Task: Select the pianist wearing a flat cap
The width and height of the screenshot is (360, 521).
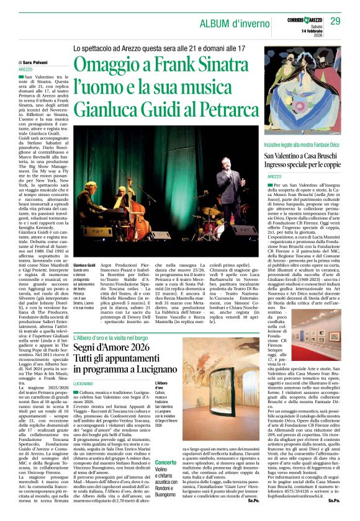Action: pos(87,205)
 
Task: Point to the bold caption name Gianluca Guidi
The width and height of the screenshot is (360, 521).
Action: pos(85,264)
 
